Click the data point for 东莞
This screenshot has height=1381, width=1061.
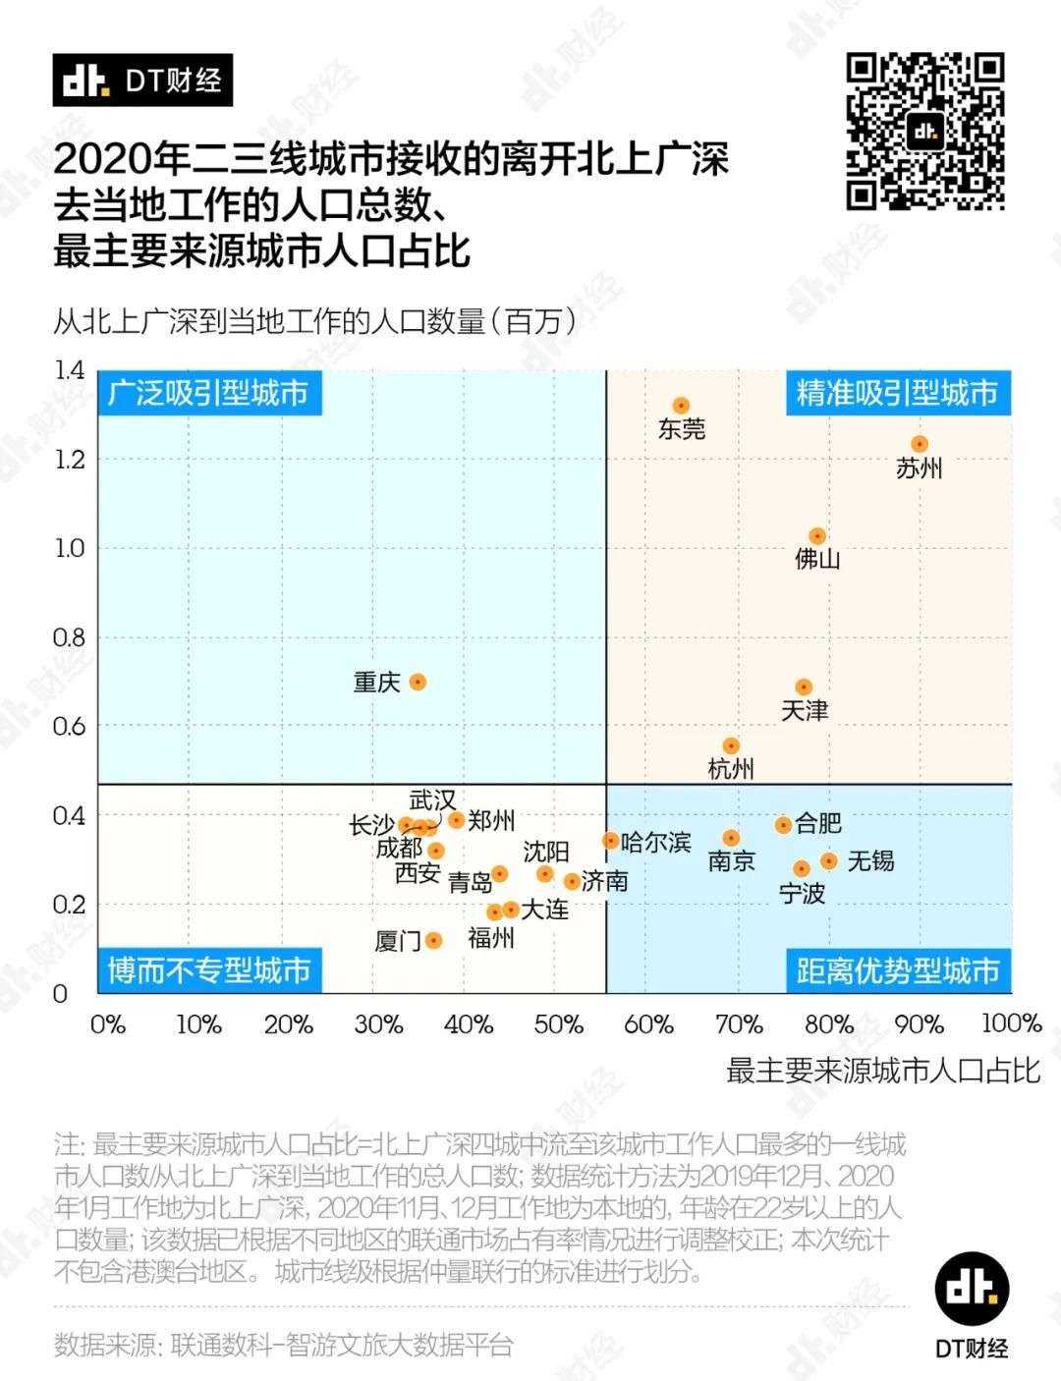click(x=681, y=406)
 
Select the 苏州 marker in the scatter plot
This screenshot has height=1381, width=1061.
click(x=920, y=444)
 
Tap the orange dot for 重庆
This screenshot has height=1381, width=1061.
click(x=418, y=682)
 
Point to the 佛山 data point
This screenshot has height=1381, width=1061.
click(x=817, y=536)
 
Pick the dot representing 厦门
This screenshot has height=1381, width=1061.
click(x=433, y=940)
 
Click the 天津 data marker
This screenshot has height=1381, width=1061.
click(x=804, y=688)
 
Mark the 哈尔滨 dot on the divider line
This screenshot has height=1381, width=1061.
click(x=610, y=841)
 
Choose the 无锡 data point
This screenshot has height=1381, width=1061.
click(x=829, y=860)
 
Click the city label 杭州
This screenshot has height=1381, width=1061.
click(x=731, y=769)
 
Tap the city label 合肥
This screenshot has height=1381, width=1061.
click(x=818, y=823)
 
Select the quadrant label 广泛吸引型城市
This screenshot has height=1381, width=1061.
click(x=208, y=393)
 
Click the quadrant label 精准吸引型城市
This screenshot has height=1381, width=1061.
click(x=897, y=393)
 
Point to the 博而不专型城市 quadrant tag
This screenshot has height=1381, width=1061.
click(x=208, y=970)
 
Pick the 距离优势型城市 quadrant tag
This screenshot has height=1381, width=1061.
click(x=897, y=970)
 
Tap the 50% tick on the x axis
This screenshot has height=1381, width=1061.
click(x=558, y=1024)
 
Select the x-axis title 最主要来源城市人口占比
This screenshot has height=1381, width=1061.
click(x=882, y=1071)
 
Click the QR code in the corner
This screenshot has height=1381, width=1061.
click(x=924, y=132)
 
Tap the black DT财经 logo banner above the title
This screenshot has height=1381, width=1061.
click(x=142, y=80)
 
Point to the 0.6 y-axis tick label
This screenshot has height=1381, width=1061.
click(x=69, y=726)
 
